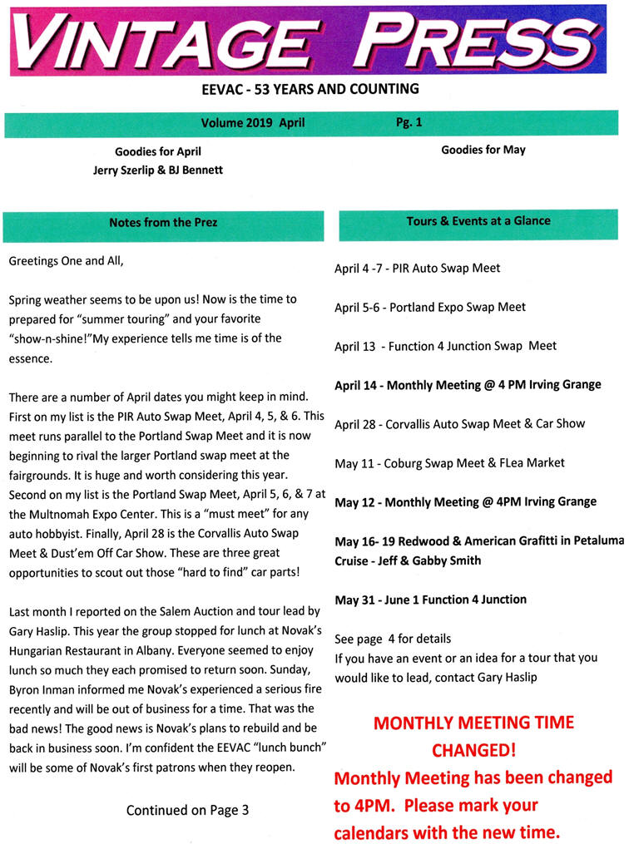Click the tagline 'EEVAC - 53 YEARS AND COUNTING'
click(x=314, y=89)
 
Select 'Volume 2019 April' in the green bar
click(x=253, y=123)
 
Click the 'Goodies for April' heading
click(x=158, y=151)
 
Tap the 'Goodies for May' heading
click(x=483, y=150)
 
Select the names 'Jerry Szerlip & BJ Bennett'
click(x=158, y=170)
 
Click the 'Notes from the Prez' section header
click(x=163, y=222)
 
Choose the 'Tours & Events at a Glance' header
click(x=478, y=221)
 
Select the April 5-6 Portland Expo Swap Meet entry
click(x=430, y=307)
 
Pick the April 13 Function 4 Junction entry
click(x=445, y=346)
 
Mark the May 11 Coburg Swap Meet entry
click(x=449, y=462)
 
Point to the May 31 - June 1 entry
click(x=430, y=600)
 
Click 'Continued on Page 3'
click(x=187, y=809)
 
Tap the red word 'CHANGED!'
click(x=473, y=750)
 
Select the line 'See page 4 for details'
click(x=393, y=639)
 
